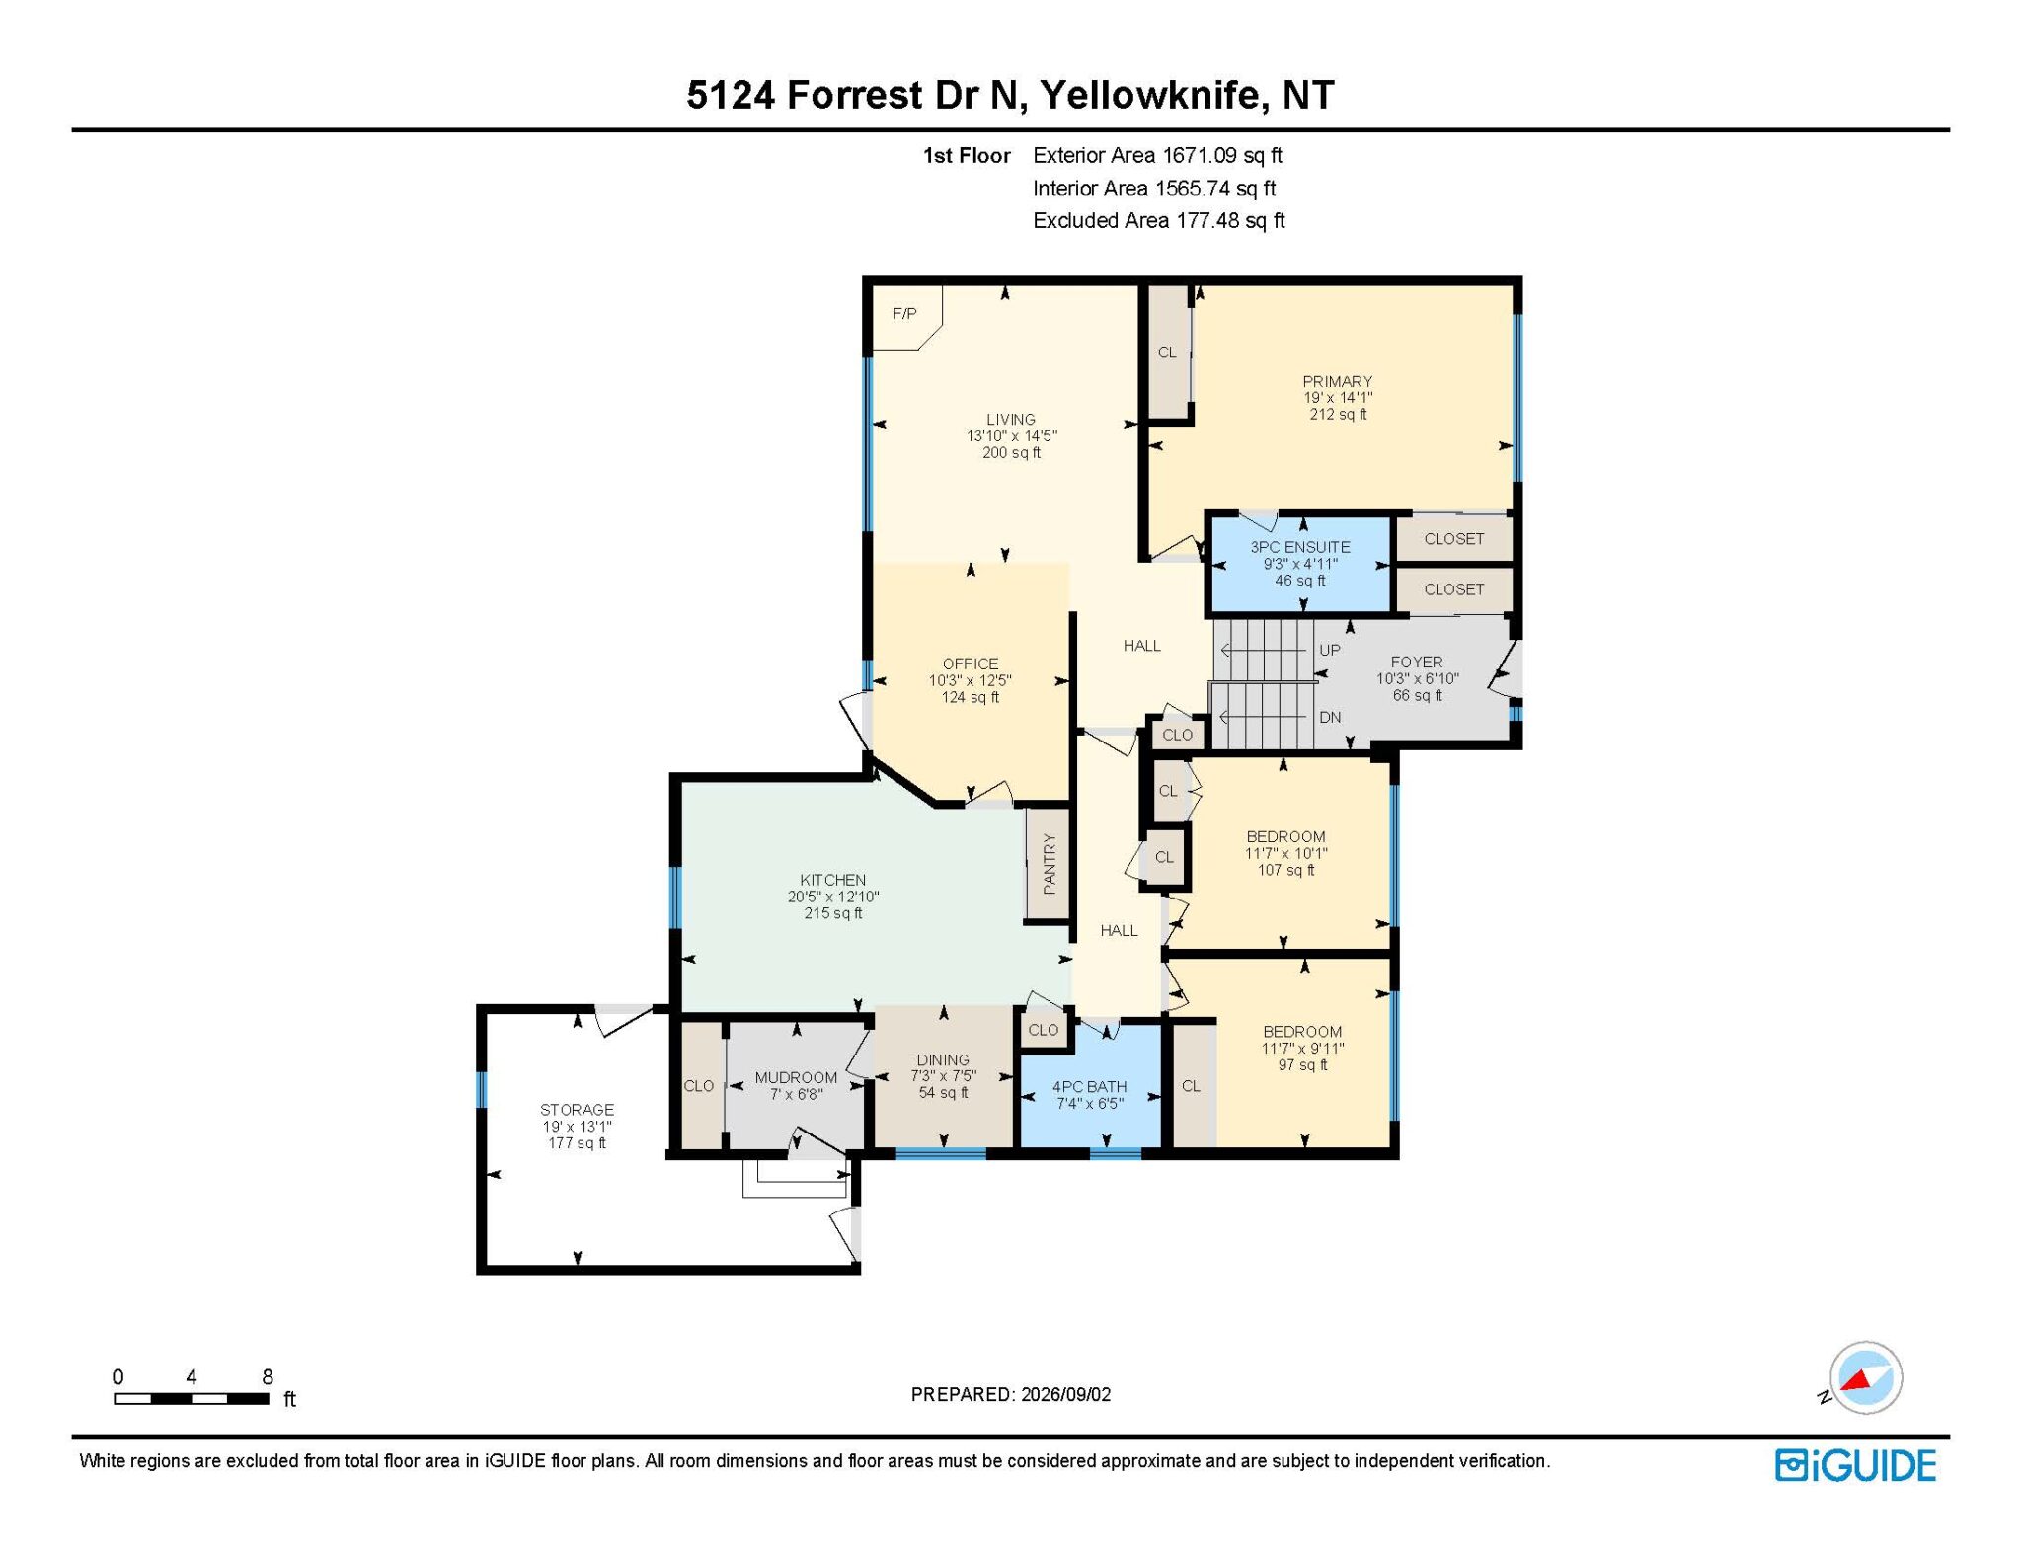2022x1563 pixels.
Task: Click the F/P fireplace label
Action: tap(904, 314)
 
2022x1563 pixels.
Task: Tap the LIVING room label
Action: tap(1011, 420)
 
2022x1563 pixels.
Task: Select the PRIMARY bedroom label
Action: tap(1338, 381)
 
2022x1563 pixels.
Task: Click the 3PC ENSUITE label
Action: tap(1300, 547)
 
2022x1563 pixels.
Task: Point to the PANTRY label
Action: tap(1050, 864)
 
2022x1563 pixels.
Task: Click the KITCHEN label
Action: tap(833, 880)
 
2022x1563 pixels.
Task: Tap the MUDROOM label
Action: tap(796, 1077)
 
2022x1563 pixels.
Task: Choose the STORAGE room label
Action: tap(578, 1110)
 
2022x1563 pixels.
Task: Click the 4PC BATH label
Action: tap(1090, 1086)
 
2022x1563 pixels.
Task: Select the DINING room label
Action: tap(943, 1060)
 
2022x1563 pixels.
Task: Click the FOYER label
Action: tap(1417, 663)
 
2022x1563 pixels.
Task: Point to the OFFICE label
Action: tap(971, 664)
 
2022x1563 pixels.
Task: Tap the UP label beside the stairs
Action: tap(1330, 650)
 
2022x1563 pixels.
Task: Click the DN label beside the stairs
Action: tap(1330, 717)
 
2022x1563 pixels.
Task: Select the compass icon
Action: tap(1865, 1378)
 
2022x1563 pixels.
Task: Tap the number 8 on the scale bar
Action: tap(268, 1377)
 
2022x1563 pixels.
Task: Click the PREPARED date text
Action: tap(1011, 1394)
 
